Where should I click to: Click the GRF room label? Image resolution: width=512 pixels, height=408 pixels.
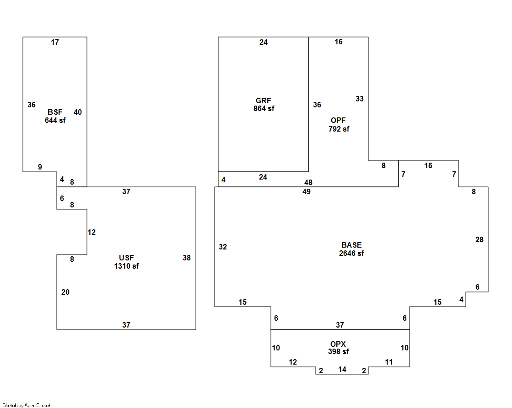[x=264, y=101]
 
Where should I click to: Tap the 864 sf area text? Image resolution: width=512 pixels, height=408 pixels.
[x=264, y=109]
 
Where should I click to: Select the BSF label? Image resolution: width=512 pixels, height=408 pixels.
[x=55, y=112]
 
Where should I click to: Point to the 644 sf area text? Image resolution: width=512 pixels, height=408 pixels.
[x=55, y=120]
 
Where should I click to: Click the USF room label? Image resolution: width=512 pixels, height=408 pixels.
[x=126, y=258]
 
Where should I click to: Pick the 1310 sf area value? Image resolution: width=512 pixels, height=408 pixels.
[x=126, y=266]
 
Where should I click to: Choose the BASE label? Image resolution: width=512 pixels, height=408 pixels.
[x=351, y=245]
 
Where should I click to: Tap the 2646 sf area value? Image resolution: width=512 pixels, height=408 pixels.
[x=351, y=254]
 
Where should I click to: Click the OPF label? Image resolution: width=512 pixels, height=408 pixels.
[x=338, y=121]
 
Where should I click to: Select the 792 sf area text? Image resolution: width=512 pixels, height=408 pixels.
[x=339, y=129]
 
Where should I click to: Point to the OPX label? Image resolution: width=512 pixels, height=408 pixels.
[x=338, y=344]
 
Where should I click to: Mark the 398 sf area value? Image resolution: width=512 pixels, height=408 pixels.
[x=339, y=352]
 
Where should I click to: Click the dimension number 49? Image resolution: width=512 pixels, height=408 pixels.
[x=306, y=192]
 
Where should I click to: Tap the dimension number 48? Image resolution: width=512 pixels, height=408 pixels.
[x=308, y=183]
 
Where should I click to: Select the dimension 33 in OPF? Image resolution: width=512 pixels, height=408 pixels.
[x=360, y=99]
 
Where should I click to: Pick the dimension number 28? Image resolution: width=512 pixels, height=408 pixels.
[x=480, y=240]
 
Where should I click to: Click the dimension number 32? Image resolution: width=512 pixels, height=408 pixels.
[x=223, y=247]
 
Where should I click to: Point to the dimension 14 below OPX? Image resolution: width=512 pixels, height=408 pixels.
[x=342, y=370]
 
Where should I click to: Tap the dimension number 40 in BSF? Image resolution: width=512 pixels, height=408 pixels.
[x=78, y=112]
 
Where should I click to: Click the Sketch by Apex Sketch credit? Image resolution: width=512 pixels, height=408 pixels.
[x=27, y=405]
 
